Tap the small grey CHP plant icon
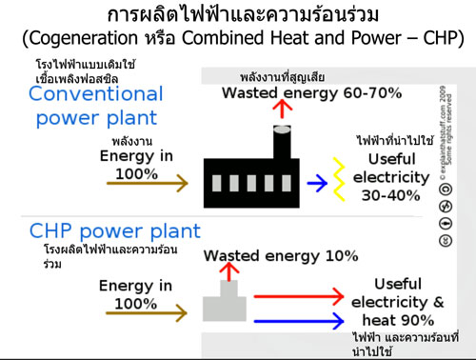coord(225,303)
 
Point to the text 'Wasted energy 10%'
coord(281,256)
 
